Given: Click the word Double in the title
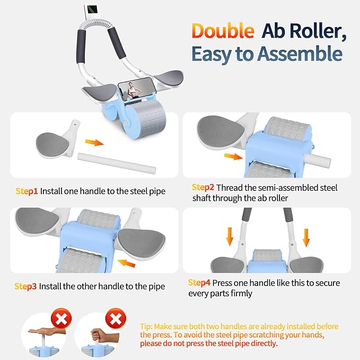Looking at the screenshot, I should tap(223, 30).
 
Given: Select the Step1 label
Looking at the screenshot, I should tap(25, 190).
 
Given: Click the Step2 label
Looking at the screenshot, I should tap(204, 187).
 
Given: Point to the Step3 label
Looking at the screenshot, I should tap(25, 286).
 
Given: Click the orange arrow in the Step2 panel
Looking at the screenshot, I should tap(232, 156).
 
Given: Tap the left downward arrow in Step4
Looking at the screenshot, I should tap(229, 237).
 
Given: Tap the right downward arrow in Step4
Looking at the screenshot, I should tap(306, 237).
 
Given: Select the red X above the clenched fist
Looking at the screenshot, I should tap(116, 319).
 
